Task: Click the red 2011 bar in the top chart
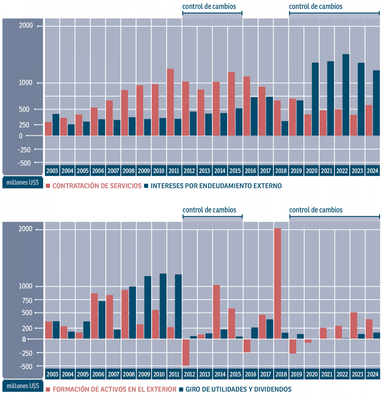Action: (170, 102)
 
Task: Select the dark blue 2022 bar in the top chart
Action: (346, 95)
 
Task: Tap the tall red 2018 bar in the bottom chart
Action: (277, 284)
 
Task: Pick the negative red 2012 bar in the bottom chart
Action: (186, 352)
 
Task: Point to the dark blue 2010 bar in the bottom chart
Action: (163, 306)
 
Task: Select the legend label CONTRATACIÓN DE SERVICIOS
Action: (97, 186)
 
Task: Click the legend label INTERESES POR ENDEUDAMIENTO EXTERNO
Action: (216, 186)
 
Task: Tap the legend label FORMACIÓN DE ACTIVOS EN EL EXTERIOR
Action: (115, 389)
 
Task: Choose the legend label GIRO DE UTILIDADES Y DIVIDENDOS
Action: (238, 389)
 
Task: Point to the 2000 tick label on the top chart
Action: (26, 25)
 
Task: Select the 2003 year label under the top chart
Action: (52, 171)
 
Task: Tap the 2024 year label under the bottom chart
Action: (373, 374)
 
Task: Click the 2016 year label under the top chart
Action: (250, 171)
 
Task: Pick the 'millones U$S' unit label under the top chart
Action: (22, 182)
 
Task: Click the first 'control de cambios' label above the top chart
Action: (209, 6)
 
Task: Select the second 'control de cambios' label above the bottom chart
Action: (316, 210)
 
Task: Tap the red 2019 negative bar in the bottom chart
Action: (293, 346)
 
